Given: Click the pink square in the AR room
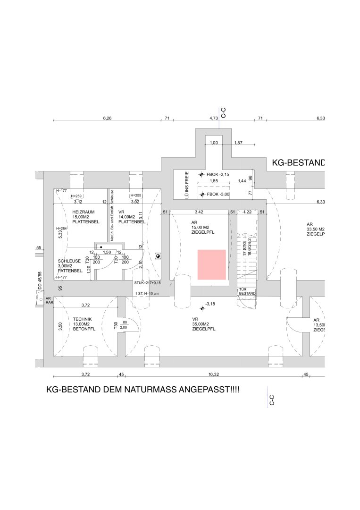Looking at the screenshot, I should pos(212,265).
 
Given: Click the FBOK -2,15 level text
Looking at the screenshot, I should pos(218,174).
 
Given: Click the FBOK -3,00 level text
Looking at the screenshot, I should pos(218,194).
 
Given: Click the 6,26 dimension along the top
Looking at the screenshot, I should pos(107,118).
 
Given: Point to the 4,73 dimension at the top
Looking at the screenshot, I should pos(213,118).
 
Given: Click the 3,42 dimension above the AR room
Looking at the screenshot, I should pos(199,212).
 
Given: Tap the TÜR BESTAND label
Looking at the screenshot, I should pos(248,291).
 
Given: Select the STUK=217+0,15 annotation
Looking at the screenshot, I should pos(147,283).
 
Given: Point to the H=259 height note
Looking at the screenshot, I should pos(76,195).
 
